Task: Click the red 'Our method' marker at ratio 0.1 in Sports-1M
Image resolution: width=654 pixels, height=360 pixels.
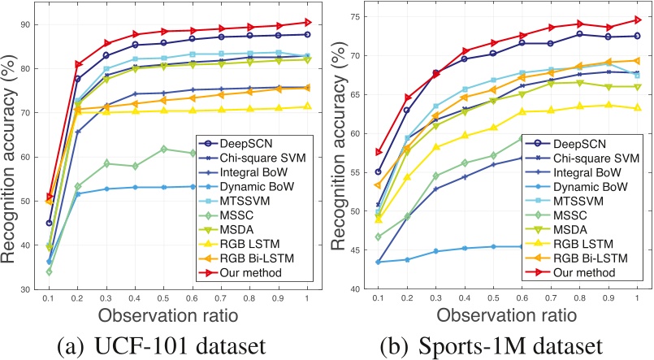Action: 378,152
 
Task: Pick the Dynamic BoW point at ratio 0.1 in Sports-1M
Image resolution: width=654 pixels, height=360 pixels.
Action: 378,262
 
